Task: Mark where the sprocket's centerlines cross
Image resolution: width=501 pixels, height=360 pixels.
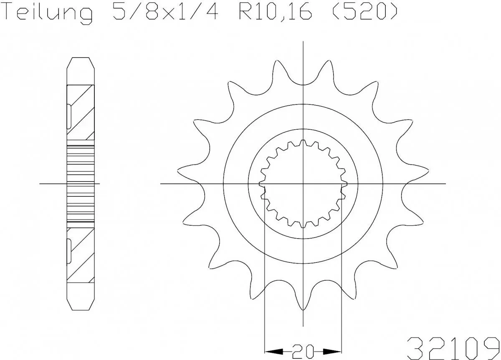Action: [303, 184]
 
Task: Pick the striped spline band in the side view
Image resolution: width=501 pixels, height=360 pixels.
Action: [81, 184]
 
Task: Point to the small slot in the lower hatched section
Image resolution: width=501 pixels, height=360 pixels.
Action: [69, 250]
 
